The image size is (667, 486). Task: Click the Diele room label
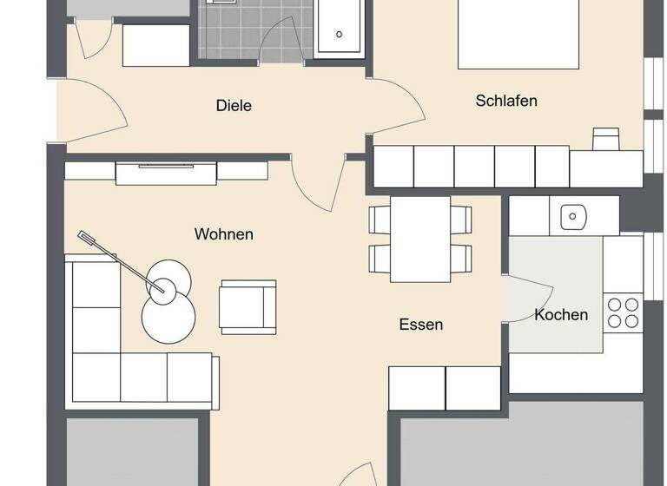pyautogui.click(x=234, y=106)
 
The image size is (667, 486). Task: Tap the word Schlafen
pyautogui.click(x=506, y=101)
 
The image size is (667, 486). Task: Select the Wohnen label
pyautogui.click(x=224, y=234)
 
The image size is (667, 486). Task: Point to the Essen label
pyautogui.click(x=421, y=325)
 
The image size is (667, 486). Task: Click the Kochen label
pyautogui.click(x=561, y=314)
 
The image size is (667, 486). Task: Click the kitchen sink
pyautogui.click(x=573, y=214)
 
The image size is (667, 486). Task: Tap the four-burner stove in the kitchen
pyautogui.click(x=623, y=312)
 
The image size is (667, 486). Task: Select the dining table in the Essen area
pyautogui.click(x=420, y=239)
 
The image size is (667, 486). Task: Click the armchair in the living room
pyautogui.click(x=248, y=306)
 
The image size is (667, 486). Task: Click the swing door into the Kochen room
pyautogui.click(x=528, y=299)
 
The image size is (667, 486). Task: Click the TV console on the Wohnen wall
pyautogui.click(x=166, y=172)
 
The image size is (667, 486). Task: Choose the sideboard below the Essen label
pyautogui.click(x=445, y=388)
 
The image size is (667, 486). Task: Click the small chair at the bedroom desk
pyautogui.click(x=605, y=138)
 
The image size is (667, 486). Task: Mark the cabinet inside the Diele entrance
pyautogui.click(x=155, y=46)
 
